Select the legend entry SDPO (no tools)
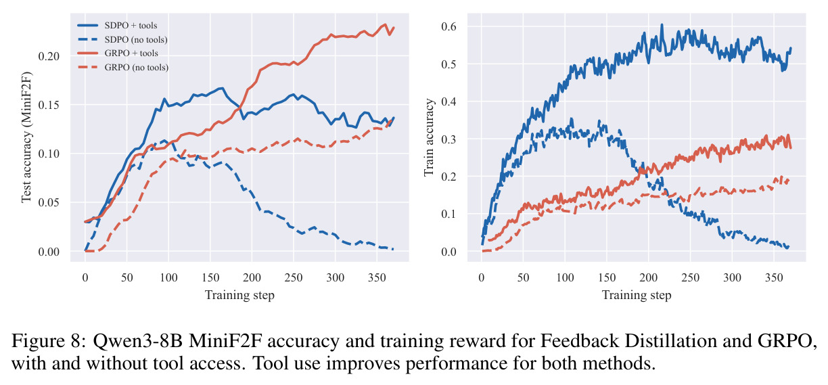(122, 39)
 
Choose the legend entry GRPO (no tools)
(122, 67)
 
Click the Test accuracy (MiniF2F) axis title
(26, 137)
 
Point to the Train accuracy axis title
(428, 137)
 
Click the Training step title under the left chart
(239, 295)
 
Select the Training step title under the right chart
(637, 295)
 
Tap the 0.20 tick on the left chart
(49, 56)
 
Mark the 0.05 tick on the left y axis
(49, 202)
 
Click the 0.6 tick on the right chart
(448, 26)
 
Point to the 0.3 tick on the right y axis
(448, 139)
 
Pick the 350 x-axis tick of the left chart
(377, 277)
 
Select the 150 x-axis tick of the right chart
(607, 277)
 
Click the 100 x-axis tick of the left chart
(168, 277)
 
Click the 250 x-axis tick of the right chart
(690, 277)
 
